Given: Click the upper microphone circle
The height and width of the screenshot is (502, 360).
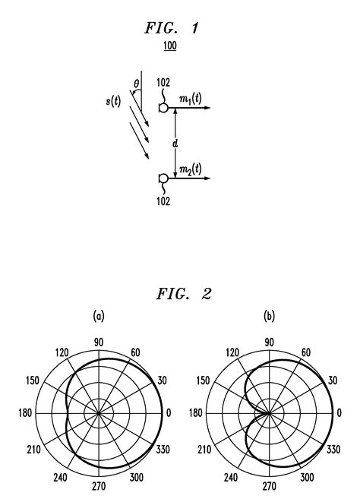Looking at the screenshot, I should tap(163, 108).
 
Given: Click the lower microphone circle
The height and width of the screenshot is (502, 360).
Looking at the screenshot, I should tap(163, 178).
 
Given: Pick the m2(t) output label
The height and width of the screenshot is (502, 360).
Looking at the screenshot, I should tap(191, 171).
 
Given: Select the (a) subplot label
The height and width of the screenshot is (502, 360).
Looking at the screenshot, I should tap(99, 314).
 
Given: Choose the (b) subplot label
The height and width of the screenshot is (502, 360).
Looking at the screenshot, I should tap(269, 314).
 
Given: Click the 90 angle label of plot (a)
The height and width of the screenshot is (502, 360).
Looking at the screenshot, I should tap(99, 343).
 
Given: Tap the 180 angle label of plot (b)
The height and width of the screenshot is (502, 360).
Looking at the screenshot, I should tap(194, 413).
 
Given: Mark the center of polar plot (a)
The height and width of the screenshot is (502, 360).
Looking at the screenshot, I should tap(99, 413).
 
